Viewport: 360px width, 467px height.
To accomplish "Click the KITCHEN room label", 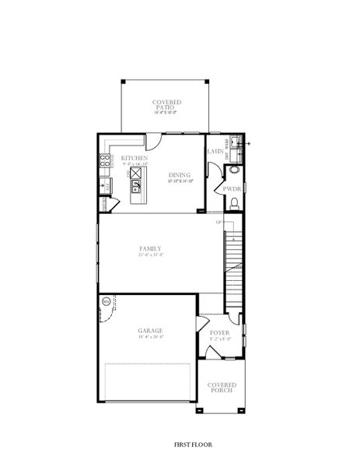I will [x=135, y=157].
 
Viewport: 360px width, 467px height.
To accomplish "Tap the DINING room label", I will [x=180, y=175].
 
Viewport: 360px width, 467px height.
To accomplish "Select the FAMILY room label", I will [x=150, y=249].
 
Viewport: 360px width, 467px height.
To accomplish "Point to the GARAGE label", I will [x=150, y=331].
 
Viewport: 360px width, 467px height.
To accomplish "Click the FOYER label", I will [x=219, y=332].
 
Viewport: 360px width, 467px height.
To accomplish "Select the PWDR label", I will [x=232, y=189].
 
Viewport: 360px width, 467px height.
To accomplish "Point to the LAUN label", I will [x=215, y=152].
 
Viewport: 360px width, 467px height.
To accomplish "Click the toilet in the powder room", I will [x=234, y=205].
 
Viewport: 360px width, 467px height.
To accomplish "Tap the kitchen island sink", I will [x=135, y=186].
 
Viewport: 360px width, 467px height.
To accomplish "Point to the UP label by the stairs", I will [x=219, y=223].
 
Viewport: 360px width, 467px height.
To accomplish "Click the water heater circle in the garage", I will [x=107, y=300].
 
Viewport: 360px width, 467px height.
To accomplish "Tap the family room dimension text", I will [x=150, y=255].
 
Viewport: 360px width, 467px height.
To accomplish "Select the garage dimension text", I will [x=150, y=338].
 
